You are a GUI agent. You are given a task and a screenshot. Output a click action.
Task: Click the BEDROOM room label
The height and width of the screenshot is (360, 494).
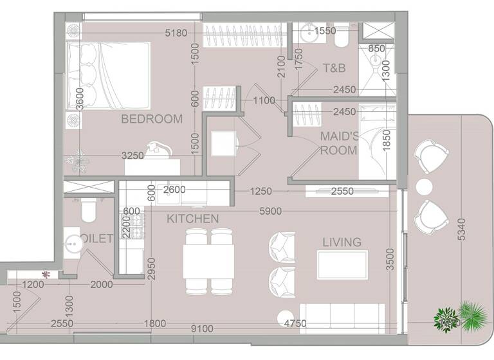point(152,119)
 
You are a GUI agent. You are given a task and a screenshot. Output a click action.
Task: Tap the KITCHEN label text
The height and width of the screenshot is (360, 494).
point(192,219)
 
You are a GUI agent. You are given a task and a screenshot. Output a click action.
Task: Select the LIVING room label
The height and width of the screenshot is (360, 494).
point(342,242)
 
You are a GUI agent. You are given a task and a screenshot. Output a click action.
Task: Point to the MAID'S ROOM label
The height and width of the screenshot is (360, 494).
point(338,143)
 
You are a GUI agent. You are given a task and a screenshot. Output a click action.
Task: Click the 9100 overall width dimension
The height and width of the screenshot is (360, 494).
point(202,328)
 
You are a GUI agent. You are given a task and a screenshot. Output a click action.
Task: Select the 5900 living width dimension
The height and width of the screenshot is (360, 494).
point(270,210)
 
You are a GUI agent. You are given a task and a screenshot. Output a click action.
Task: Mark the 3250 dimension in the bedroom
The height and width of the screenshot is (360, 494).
point(133,156)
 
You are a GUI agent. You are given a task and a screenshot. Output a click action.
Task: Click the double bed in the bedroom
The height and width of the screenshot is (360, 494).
point(108,76)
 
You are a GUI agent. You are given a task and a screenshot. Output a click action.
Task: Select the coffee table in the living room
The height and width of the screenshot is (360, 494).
point(342,265)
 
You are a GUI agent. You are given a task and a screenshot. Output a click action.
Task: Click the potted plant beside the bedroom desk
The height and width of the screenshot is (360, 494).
point(78,161)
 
